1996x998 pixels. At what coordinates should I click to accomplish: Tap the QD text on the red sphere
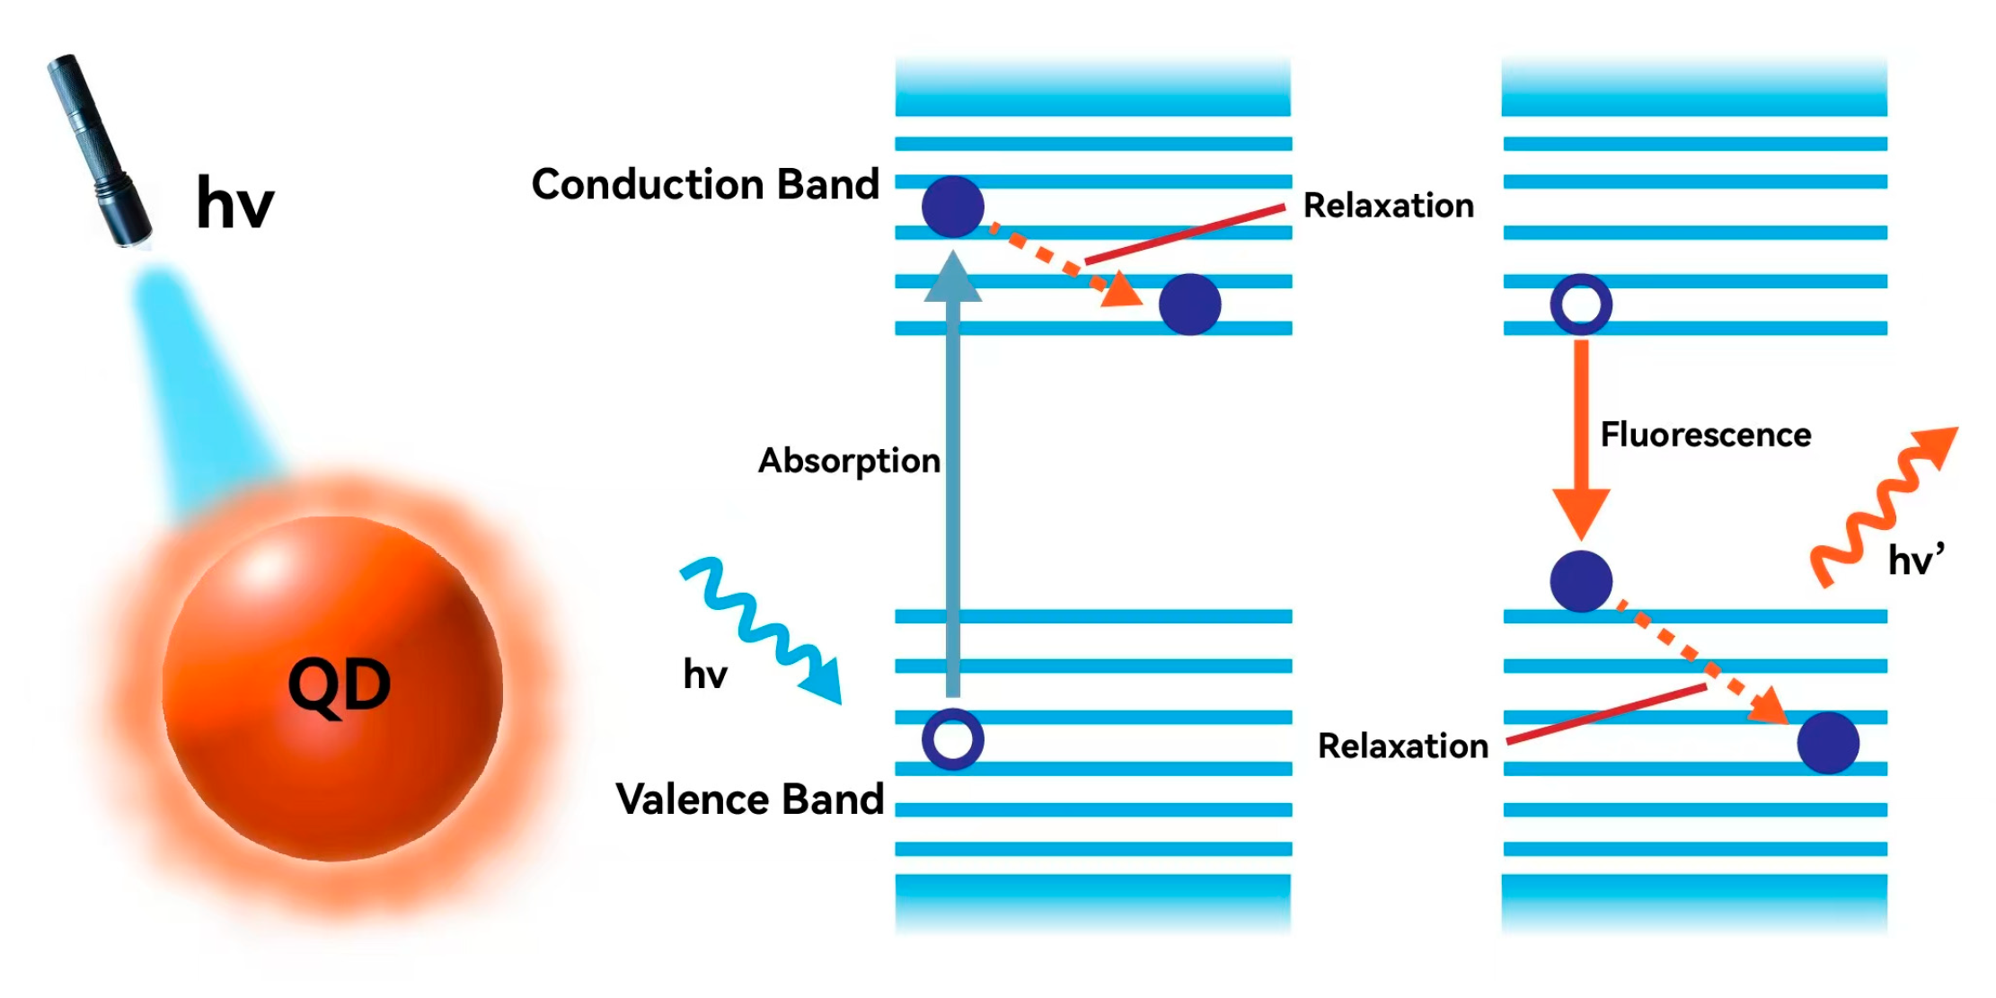coord(339,686)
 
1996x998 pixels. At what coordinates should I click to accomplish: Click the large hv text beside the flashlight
coord(234,203)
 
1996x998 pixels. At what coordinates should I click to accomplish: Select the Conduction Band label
coord(705,184)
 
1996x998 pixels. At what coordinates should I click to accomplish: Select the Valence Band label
coord(750,799)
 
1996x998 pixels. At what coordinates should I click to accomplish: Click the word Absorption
coord(849,461)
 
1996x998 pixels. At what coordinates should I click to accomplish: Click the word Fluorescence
coord(1705,435)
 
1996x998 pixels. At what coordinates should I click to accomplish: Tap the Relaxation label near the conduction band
coord(1388,206)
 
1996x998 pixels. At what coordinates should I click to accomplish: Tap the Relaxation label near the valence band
coord(1402,746)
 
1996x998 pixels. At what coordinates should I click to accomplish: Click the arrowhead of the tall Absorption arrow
coord(952,277)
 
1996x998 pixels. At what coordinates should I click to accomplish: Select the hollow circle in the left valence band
coord(952,739)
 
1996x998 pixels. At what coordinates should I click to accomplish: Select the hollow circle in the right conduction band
coord(1581,305)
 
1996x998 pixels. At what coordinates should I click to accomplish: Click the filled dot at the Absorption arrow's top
coord(952,207)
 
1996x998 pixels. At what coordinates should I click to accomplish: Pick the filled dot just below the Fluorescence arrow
coord(1581,581)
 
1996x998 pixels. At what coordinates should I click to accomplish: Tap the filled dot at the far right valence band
coord(1827,743)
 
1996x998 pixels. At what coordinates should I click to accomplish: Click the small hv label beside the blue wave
coord(705,674)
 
